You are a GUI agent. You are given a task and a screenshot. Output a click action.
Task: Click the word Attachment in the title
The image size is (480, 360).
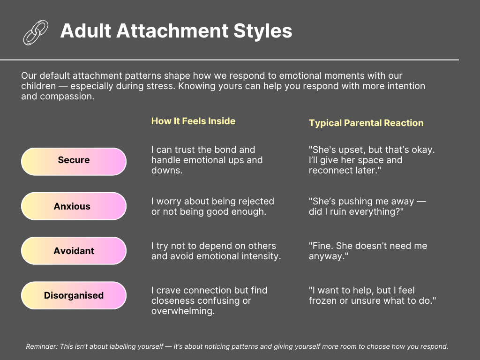[x=172, y=31]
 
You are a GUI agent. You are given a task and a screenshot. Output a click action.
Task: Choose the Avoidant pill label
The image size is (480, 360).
[x=74, y=251]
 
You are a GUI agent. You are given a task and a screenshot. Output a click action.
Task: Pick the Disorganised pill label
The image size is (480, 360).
[x=74, y=295]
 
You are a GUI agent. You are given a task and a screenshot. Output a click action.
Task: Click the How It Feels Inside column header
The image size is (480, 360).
[x=193, y=121]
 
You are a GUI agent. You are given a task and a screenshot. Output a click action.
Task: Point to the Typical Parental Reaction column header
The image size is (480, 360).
[x=366, y=123]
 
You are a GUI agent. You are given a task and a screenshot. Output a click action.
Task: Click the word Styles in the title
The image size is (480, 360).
[x=262, y=31]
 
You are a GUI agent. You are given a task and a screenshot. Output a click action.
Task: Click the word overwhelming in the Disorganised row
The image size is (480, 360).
[x=183, y=311]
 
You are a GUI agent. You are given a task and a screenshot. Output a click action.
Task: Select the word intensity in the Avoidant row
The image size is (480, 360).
[x=262, y=256]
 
